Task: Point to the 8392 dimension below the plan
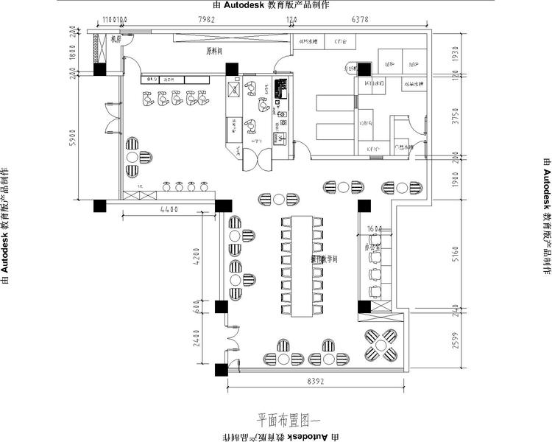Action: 315,382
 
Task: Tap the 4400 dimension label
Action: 169,210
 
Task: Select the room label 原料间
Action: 215,52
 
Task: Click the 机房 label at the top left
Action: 115,40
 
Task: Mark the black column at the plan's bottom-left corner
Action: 221,369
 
